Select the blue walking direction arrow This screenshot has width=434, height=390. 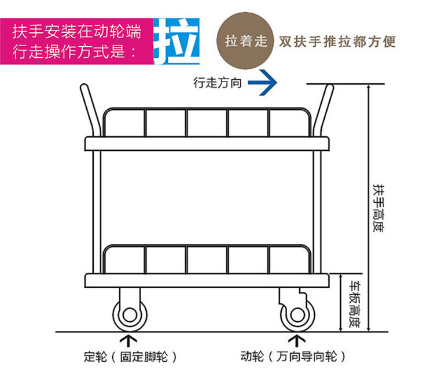263,82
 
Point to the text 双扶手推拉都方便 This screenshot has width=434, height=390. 337,42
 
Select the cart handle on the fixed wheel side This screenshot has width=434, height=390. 88,110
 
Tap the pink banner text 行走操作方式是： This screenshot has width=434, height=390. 76,51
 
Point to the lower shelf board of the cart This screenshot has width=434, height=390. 207,280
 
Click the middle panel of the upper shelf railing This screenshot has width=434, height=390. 207,122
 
